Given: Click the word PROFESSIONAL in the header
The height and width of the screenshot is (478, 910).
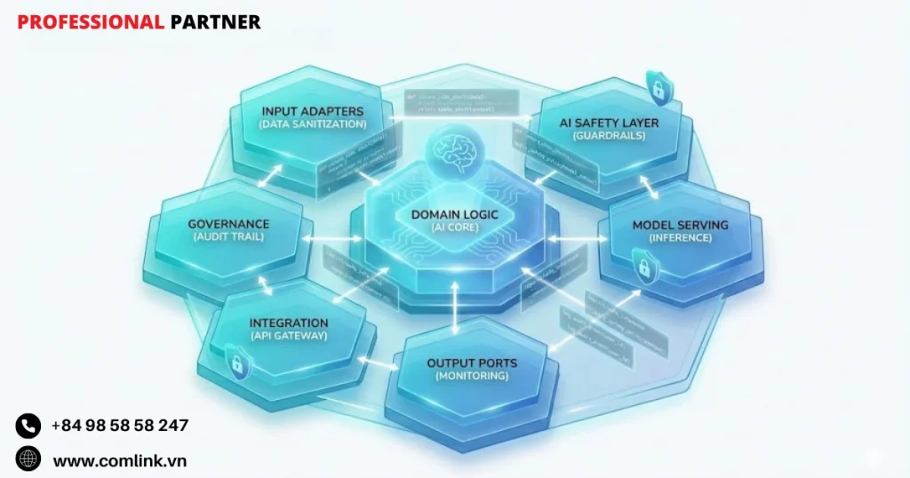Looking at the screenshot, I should tap(90, 22).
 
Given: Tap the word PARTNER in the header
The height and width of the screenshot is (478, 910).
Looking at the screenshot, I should tap(215, 22).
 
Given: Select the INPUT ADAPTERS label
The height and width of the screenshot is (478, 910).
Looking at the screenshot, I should tap(313, 111).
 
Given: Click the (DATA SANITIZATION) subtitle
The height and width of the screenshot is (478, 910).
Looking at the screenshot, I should tap(313, 124).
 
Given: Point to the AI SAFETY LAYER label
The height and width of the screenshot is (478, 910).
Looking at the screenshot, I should tap(609, 123).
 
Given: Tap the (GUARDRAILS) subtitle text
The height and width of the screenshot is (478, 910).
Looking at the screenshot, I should tap(610, 136).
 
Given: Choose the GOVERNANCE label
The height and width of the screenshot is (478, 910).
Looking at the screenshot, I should tap(228, 224).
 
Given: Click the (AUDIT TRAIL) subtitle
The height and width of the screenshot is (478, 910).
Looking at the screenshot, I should tap(228, 237).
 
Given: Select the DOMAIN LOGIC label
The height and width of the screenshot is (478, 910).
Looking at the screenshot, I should tap(455, 215).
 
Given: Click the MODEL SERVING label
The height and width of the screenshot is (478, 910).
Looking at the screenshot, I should tap(680, 225).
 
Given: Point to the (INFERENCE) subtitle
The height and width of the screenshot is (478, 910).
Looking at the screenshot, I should tap(680, 238).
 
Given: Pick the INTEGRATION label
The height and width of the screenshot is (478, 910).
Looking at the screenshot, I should tap(289, 323).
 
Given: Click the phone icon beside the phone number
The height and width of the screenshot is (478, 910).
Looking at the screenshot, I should tap(28, 426).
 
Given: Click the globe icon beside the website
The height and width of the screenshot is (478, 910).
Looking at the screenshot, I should tap(28, 459).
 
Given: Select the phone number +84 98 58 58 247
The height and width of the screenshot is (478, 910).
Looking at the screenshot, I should tap(120, 426).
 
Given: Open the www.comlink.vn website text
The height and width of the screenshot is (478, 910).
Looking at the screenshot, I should tap(120, 460).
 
